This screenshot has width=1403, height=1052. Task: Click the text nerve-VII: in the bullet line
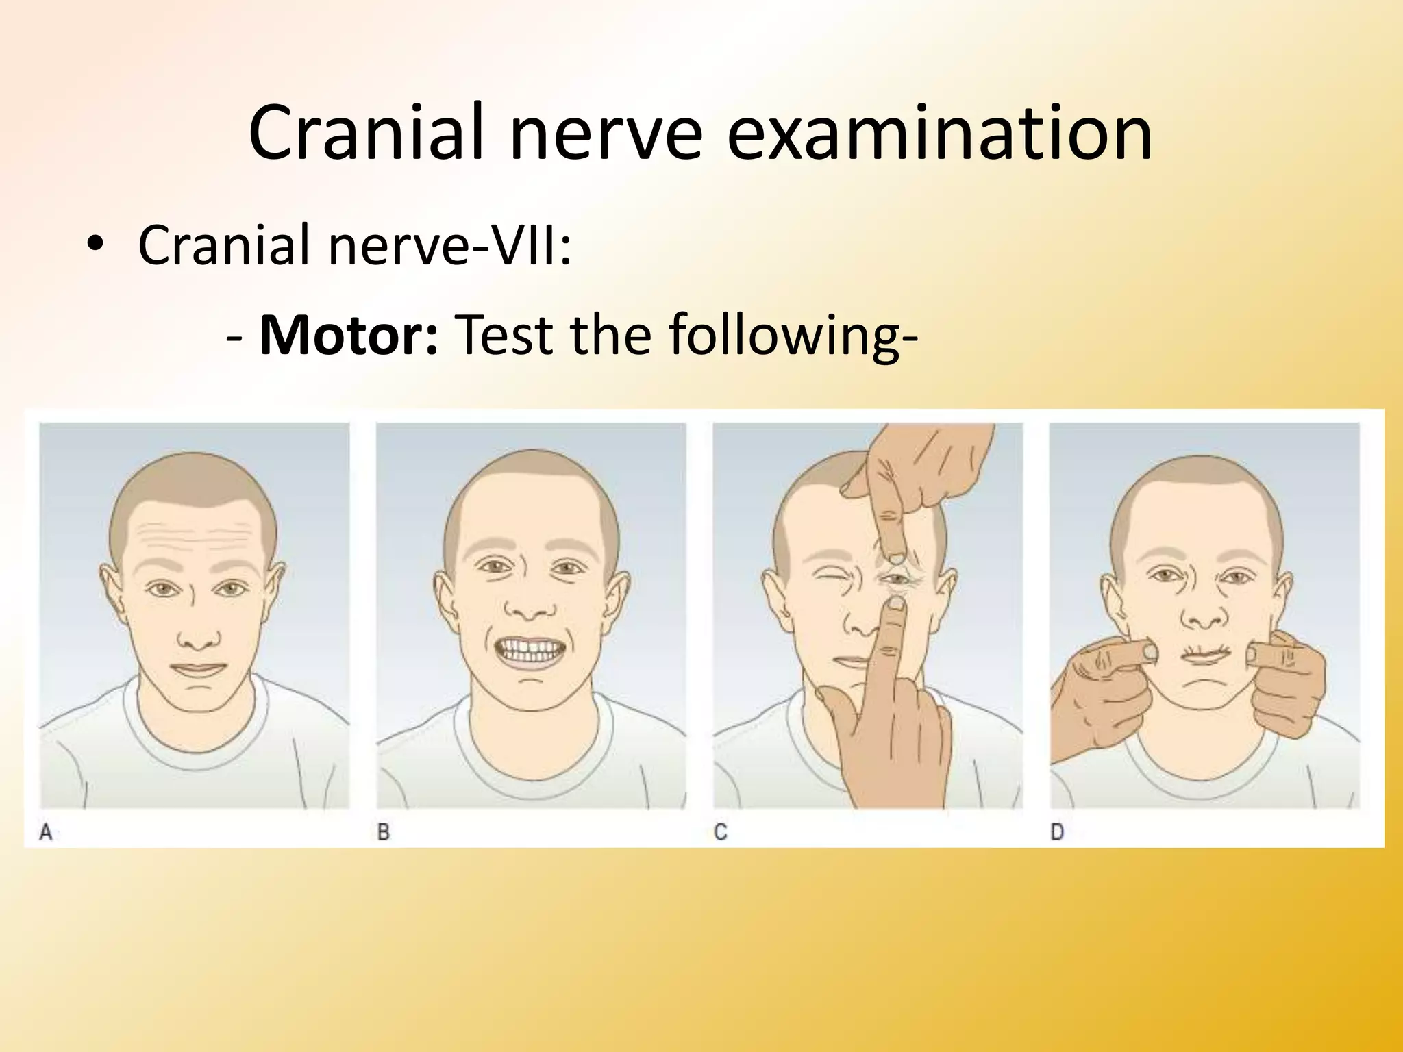(x=449, y=245)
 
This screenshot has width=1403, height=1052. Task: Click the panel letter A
(x=46, y=832)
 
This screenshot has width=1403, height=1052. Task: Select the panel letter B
(x=384, y=832)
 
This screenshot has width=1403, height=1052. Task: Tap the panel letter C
(x=720, y=832)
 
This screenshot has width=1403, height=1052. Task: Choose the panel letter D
(x=1057, y=832)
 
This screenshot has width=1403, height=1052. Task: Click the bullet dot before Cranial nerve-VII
(x=96, y=247)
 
